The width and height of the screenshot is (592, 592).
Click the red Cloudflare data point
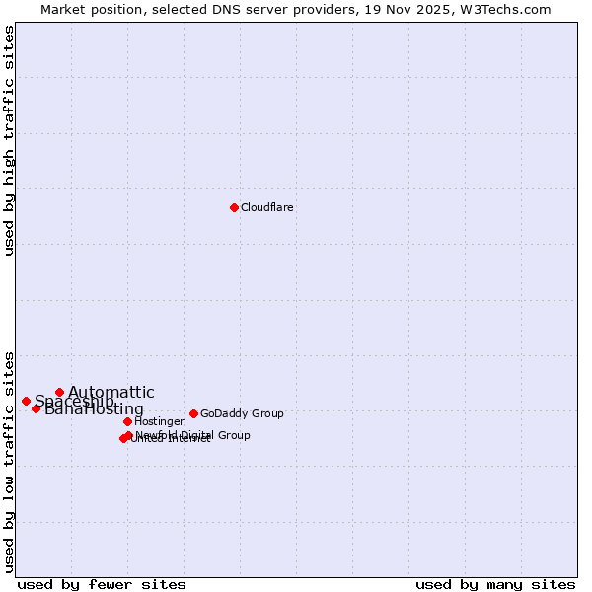coord(234,207)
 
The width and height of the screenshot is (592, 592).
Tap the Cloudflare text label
coord(267,207)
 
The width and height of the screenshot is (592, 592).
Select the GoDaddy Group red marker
coord(193,413)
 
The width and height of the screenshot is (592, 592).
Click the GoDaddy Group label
coord(242,413)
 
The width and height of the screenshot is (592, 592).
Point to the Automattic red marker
coord(59,392)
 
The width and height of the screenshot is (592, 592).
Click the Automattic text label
coord(111,393)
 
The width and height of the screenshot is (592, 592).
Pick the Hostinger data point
coord(127,421)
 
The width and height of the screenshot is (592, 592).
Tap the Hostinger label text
coord(159,421)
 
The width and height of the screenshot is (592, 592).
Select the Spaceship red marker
coord(26,401)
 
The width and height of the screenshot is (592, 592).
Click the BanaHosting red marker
coord(36,408)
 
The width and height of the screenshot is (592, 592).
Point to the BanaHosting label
coord(95,409)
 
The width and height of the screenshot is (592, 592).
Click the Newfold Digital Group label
coord(193,435)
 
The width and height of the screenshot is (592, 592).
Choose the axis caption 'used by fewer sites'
coord(102,584)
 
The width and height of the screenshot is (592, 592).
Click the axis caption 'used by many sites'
coord(495,584)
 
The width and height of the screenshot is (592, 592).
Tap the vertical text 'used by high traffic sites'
coord(9,140)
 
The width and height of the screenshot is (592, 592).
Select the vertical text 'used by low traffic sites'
coord(9,461)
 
